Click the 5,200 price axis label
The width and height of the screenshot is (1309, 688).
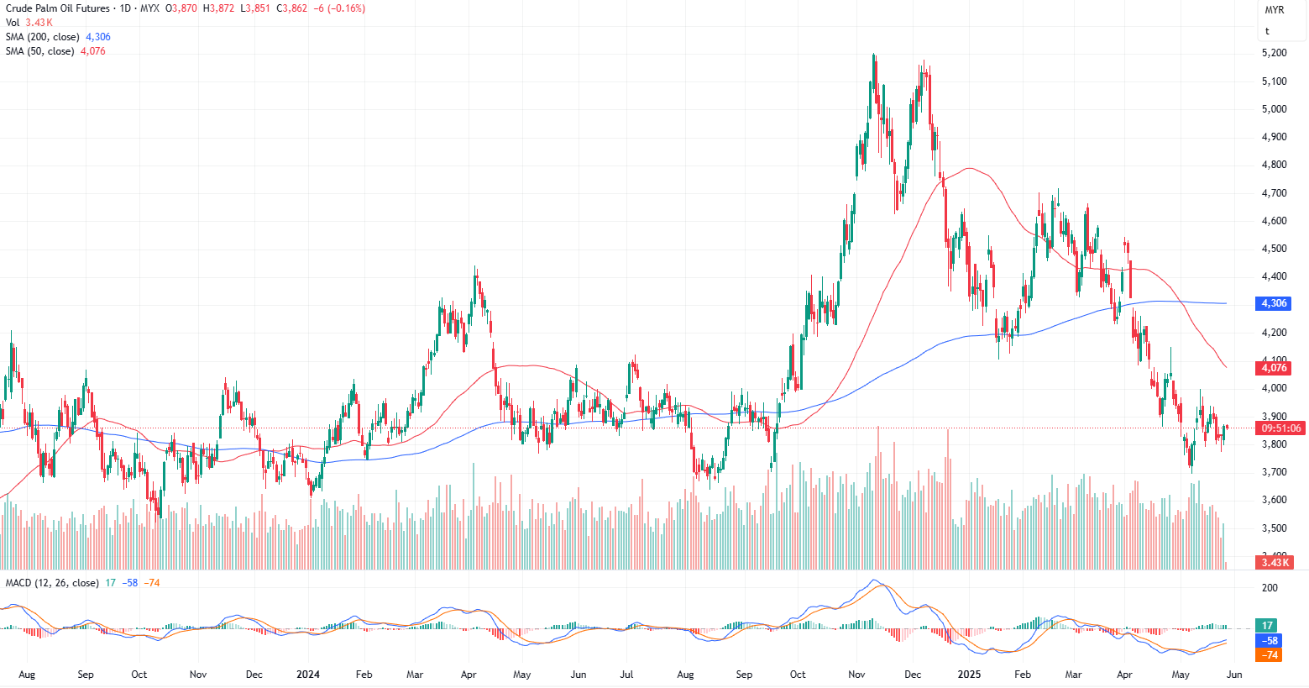coord(1274,53)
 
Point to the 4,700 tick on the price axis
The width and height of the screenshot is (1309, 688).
coord(1274,193)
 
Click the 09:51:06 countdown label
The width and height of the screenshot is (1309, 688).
coord(1281,428)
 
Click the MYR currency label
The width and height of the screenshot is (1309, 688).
coord(1274,10)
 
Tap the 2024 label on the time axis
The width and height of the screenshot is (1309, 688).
coord(308,675)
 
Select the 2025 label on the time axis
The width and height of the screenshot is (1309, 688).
coord(969,675)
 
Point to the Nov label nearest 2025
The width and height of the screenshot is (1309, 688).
coord(856,675)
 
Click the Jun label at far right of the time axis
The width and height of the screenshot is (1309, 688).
coord(1233,675)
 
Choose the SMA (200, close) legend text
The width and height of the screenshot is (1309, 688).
coord(42,37)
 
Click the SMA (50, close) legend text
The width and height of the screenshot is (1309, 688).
coord(39,51)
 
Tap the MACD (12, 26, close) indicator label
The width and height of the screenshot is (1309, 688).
coord(52,583)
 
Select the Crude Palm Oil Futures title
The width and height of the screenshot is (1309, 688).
coord(58,8)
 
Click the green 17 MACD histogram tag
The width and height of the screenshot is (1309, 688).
coord(1268,626)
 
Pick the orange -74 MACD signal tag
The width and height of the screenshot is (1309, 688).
coord(1270,654)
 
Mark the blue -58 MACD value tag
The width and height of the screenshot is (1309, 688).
coord(1270,640)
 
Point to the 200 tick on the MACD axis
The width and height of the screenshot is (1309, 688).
coord(1270,588)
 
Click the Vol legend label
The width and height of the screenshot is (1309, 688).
coord(13,23)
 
